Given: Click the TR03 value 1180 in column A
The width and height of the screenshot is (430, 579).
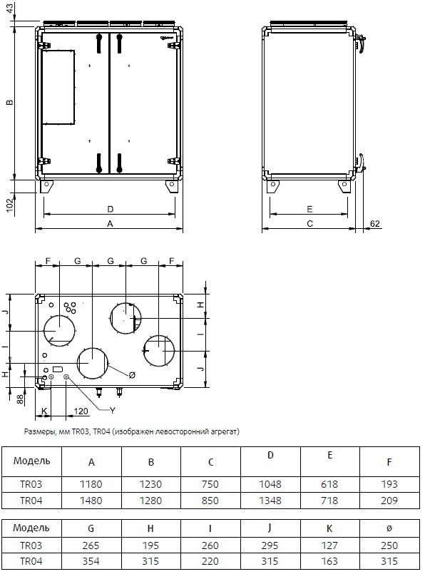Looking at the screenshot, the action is pos(91,484).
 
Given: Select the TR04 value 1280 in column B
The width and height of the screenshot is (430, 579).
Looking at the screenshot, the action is pos(150,501).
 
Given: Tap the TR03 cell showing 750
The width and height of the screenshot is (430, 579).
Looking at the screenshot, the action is pos(210,484).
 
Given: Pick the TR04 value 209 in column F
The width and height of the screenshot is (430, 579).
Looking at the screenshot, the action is pos(389,501).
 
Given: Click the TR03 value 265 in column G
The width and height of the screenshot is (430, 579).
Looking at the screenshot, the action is pos(91,545).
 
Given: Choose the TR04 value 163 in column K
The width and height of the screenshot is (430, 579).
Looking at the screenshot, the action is pos(329,561).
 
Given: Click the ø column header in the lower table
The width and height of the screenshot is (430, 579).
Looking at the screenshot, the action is pos(389,529).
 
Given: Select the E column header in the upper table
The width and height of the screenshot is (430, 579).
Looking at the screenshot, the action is pos(330,456).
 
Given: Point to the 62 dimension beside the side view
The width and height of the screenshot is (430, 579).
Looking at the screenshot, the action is pos(374,224).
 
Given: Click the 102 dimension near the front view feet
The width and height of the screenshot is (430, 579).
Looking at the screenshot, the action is pos(10,205).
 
